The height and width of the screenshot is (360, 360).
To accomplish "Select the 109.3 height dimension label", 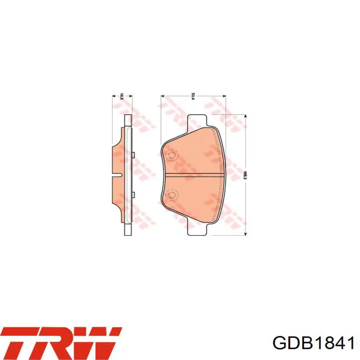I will (x=245, y=175).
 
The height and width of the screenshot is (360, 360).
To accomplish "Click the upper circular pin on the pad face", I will (x=171, y=155).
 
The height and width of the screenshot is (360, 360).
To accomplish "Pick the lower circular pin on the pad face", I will (x=171, y=194).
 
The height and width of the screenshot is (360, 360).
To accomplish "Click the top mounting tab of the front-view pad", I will (x=197, y=121).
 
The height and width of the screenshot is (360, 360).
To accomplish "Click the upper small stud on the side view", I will (x=133, y=155).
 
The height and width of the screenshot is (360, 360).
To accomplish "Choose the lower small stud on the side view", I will (x=133, y=194).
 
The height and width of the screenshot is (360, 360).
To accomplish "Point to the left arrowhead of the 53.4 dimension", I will (x=162, y=96).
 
